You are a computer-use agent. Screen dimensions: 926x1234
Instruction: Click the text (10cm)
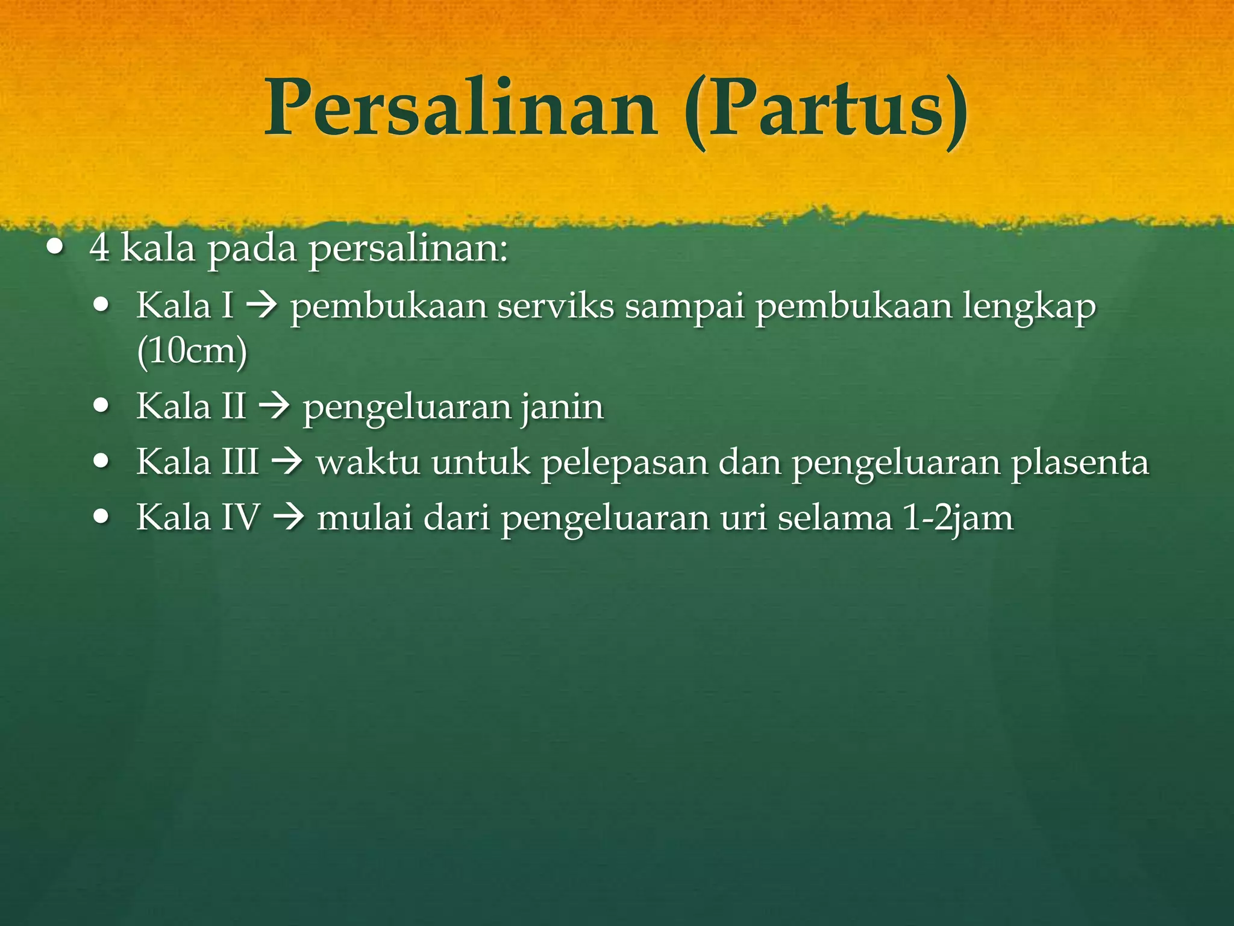coord(192,351)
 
